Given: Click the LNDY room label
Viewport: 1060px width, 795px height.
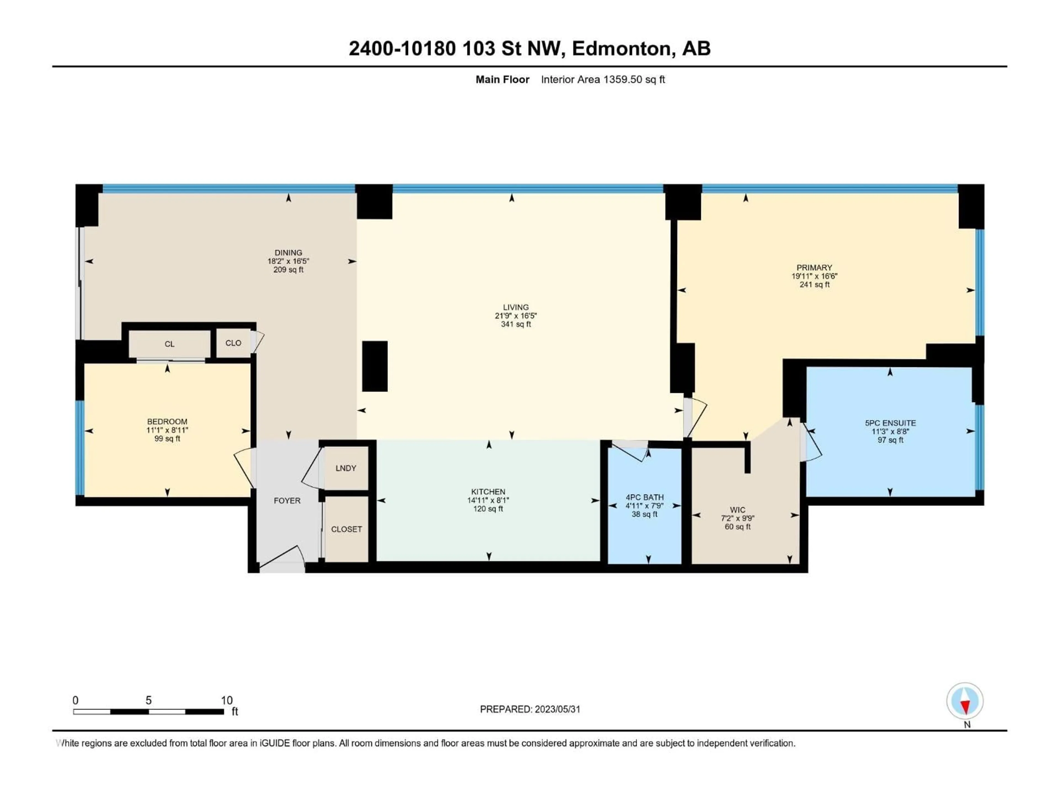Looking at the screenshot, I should click(346, 468).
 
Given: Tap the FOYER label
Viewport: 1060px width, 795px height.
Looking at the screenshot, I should click(287, 501).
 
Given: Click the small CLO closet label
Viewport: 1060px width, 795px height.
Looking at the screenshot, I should click(233, 343).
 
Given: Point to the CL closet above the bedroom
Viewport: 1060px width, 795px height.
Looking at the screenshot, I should click(170, 344).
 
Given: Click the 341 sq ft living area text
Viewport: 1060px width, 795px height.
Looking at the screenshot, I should click(516, 324).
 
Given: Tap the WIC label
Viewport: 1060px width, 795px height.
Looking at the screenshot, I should click(738, 510).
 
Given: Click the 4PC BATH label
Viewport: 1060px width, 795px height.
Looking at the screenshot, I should click(645, 497).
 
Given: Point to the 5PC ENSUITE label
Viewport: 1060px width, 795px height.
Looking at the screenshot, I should click(890, 423).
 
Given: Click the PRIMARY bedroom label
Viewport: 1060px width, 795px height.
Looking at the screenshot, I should click(814, 268).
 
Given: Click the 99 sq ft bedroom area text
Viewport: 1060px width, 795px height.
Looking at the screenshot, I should click(167, 439).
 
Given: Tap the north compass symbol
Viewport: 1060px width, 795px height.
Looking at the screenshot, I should click(965, 701).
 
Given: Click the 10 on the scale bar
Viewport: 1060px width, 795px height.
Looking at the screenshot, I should click(227, 701).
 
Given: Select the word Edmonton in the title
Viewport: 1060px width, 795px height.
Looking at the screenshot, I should click(621, 48).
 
